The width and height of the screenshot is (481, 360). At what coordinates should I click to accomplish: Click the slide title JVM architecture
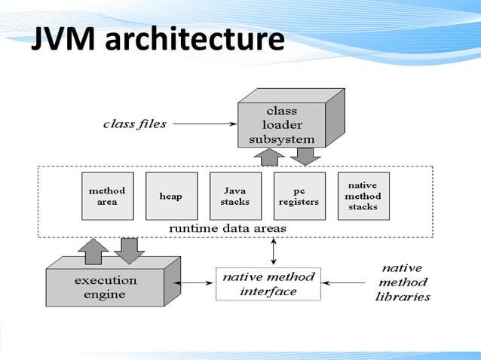(157, 41)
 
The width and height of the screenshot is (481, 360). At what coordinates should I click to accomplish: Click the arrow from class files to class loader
(204, 124)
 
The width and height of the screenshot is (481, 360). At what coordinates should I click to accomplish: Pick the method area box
(107, 196)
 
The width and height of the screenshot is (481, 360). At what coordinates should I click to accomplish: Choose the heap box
(171, 196)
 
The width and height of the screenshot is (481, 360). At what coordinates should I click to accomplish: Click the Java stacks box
(235, 196)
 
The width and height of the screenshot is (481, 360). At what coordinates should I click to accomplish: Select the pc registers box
(299, 196)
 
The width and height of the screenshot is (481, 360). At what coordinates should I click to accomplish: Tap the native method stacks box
(363, 196)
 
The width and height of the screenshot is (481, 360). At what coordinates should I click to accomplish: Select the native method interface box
(269, 283)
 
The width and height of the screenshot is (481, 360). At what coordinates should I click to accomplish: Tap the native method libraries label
(403, 282)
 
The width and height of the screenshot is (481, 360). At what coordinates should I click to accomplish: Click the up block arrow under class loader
(270, 157)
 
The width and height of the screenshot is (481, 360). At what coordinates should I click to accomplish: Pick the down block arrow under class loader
(305, 157)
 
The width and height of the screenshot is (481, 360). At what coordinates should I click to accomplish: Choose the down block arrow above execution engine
(130, 251)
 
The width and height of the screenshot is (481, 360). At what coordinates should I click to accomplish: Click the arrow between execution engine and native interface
(198, 284)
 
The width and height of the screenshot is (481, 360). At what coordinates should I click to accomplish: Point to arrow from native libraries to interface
(347, 284)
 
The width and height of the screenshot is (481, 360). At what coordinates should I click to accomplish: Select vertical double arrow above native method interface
(274, 251)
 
